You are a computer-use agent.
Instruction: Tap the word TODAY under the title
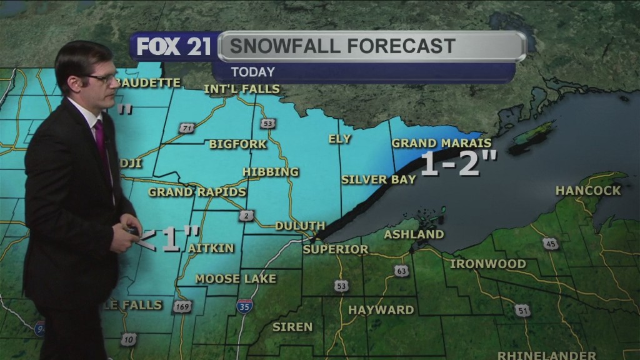[x=252, y=72]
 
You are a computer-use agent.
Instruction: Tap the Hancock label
[x=588, y=191]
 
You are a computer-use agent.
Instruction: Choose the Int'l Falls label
[x=242, y=89]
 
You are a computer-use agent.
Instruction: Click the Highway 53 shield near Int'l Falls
[x=268, y=123]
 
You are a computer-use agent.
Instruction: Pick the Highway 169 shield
[x=182, y=307]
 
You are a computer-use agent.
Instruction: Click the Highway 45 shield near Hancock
[x=550, y=244]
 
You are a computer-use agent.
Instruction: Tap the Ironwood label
[x=488, y=264]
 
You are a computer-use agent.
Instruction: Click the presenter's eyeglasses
[x=101, y=79]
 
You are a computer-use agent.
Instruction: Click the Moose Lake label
[x=236, y=279]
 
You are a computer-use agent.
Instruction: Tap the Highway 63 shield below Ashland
[x=402, y=270]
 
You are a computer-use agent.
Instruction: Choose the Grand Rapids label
[x=197, y=192]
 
